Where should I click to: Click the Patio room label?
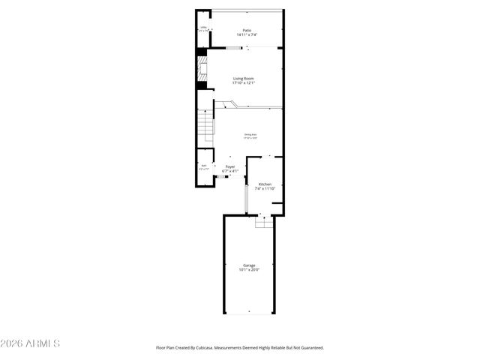(x=246, y=31)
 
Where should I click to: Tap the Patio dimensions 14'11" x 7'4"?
(x=246, y=35)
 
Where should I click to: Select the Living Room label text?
(x=244, y=79)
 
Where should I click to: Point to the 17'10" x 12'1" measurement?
(x=244, y=83)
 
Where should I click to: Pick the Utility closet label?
(x=202, y=28)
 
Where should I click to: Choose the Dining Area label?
(x=250, y=135)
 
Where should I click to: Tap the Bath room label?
(x=203, y=165)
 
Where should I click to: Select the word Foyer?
(x=230, y=166)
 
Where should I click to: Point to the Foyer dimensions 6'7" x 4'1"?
(x=230, y=171)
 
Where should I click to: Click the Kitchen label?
(x=265, y=184)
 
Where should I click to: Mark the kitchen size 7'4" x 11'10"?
(x=265, y=188)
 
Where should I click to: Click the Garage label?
(x=249, y=265)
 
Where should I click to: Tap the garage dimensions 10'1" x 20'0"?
(x=249, y=269)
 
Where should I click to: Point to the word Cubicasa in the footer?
(x=202, y=348)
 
